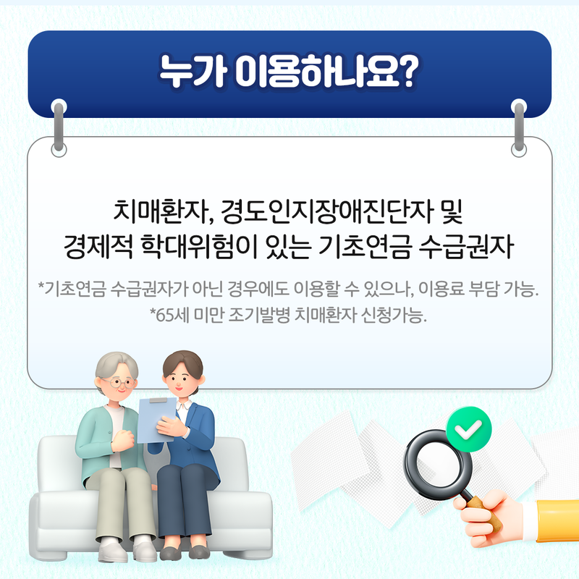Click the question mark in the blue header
coord(407,72)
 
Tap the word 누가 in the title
coord(192,72)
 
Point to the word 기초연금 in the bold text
coord(365,246)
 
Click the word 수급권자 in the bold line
coord(466,246)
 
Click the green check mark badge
coord(468,429)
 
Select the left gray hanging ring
coord(59,127)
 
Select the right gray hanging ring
coord(519,127)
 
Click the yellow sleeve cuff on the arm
coord(557,520)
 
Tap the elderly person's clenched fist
coord(123,440)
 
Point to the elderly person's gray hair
coord(116,365)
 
